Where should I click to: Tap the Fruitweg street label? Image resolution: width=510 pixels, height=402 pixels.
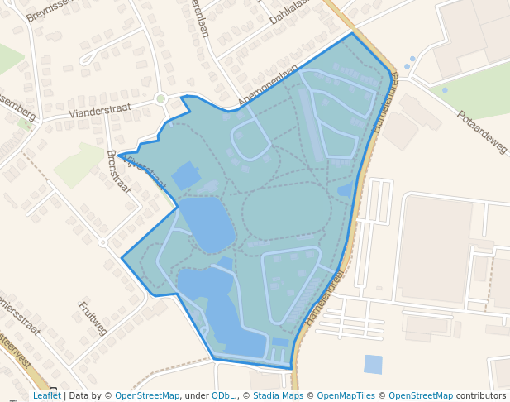point(93,318)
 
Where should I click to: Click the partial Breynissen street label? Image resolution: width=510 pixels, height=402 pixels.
point(50,9)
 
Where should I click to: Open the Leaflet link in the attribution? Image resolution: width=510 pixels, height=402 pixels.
point(47,395)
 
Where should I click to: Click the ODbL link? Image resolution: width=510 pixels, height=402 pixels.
point(223,395)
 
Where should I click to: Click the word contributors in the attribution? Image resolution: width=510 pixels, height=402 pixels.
point(481,395)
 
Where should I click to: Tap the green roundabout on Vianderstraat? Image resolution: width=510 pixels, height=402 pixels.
point(160,98)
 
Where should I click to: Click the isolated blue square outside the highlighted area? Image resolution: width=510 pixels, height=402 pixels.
point(374,364)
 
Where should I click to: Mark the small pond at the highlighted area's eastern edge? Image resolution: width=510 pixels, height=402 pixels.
point(345,190)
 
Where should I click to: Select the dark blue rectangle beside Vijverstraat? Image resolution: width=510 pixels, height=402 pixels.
point(186,175)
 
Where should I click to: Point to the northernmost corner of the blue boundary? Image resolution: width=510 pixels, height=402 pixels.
point(352,33)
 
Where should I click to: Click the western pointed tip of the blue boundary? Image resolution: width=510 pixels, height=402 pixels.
point(118,155)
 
